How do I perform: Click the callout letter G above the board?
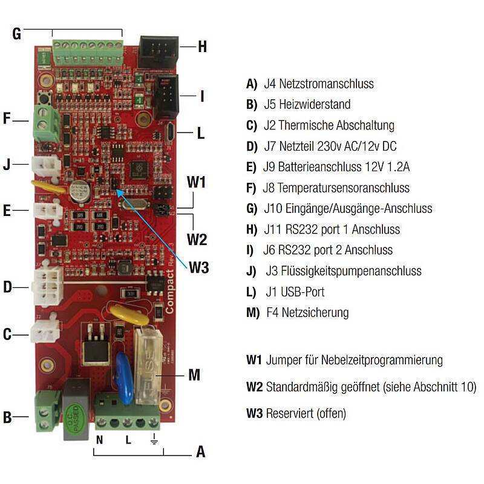17,34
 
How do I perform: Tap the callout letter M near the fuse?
194,375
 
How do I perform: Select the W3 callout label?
198,267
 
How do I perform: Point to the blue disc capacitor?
125,378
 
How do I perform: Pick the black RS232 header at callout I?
165,95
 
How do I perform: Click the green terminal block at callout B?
47,411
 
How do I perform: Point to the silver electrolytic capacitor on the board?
78,192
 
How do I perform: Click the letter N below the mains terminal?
99,440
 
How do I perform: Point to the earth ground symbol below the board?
154,440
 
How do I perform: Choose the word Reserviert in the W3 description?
289,414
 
